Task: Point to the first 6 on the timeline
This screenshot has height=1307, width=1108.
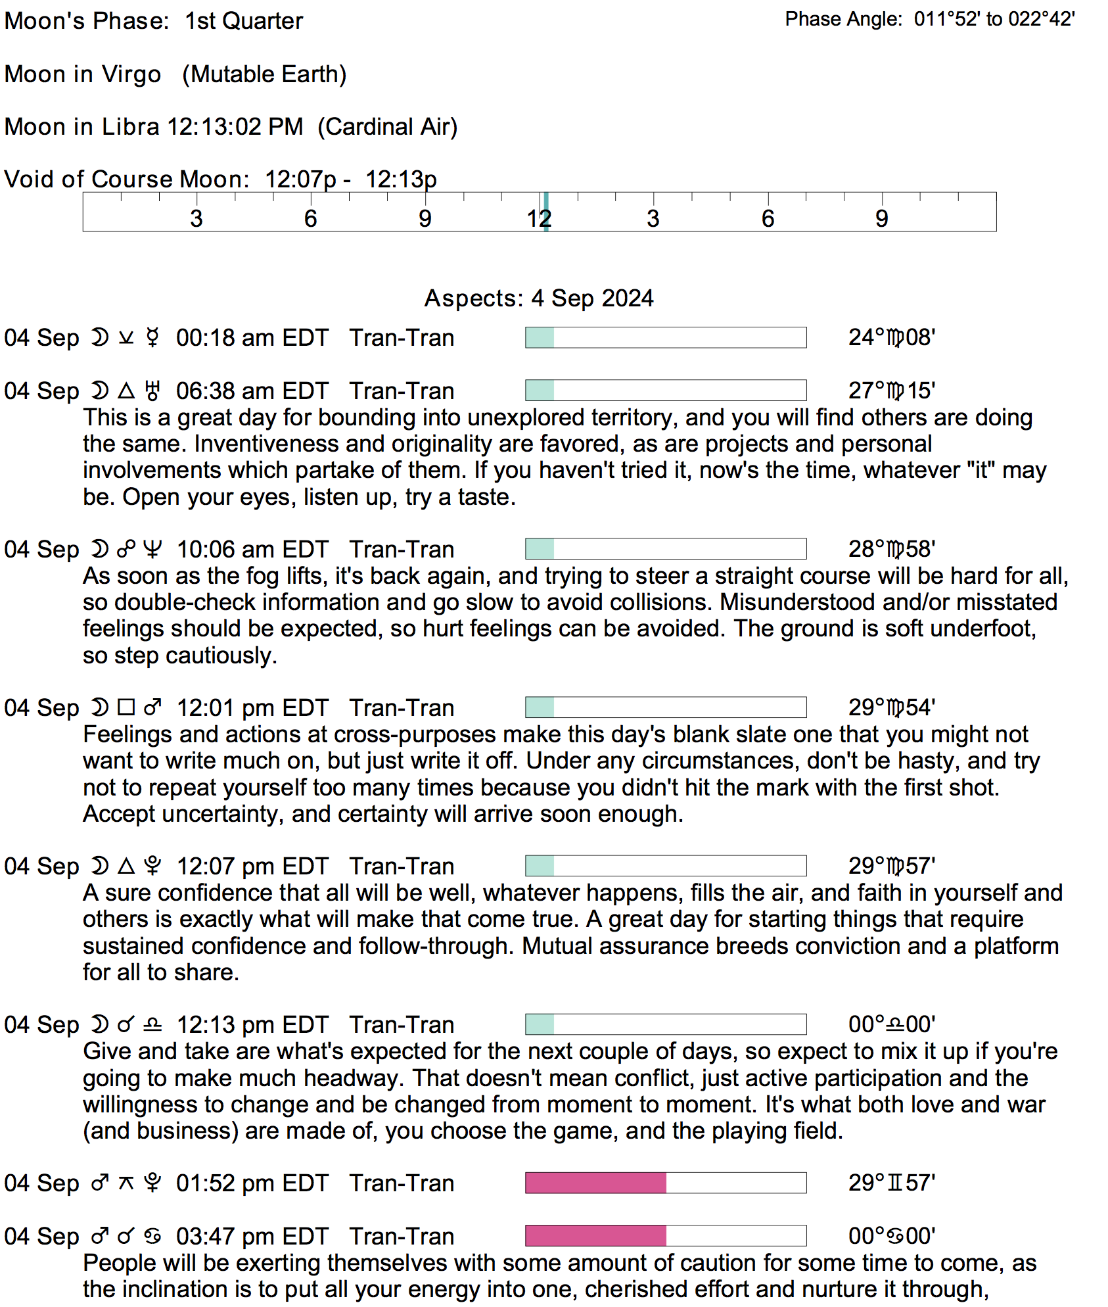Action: [x=310, y=218]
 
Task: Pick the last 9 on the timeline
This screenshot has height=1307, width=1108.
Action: [x=882, y=218]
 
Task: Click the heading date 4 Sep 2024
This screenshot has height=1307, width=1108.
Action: [x=592, y=298]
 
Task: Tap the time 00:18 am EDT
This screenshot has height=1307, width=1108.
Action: [x=252, y=338]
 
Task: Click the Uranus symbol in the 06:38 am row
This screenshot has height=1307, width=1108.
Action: [x=152, y=391]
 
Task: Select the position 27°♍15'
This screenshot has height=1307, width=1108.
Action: [x=892, y=391]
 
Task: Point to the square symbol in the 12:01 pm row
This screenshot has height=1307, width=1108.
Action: [x=126, y=707]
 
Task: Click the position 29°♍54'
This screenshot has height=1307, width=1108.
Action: [x=892, y=707]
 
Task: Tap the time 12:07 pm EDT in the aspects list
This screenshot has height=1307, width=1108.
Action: [x=252, y=867]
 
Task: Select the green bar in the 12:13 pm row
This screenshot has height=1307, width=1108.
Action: [x=540, y=1024]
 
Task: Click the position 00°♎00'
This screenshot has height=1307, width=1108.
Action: [x=892, y=1024]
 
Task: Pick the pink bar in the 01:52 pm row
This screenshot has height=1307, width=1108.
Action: [x=595, y=1183]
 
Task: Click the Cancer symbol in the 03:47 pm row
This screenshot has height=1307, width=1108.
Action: [x=152, y=1237]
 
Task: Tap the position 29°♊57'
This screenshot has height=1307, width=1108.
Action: [x=892, y=1183]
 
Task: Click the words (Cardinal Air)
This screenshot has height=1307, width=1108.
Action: [x=388, y=126]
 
